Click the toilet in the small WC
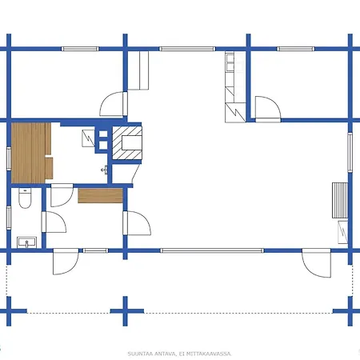[x=25, y=200]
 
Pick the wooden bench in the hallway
[x=101, y=194]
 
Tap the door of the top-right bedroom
[x=266, y=107]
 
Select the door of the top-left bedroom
[x=113, y=103]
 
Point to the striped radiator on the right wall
[x=339, y=200]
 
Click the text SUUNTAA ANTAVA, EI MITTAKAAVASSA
[x=179, y=353]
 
